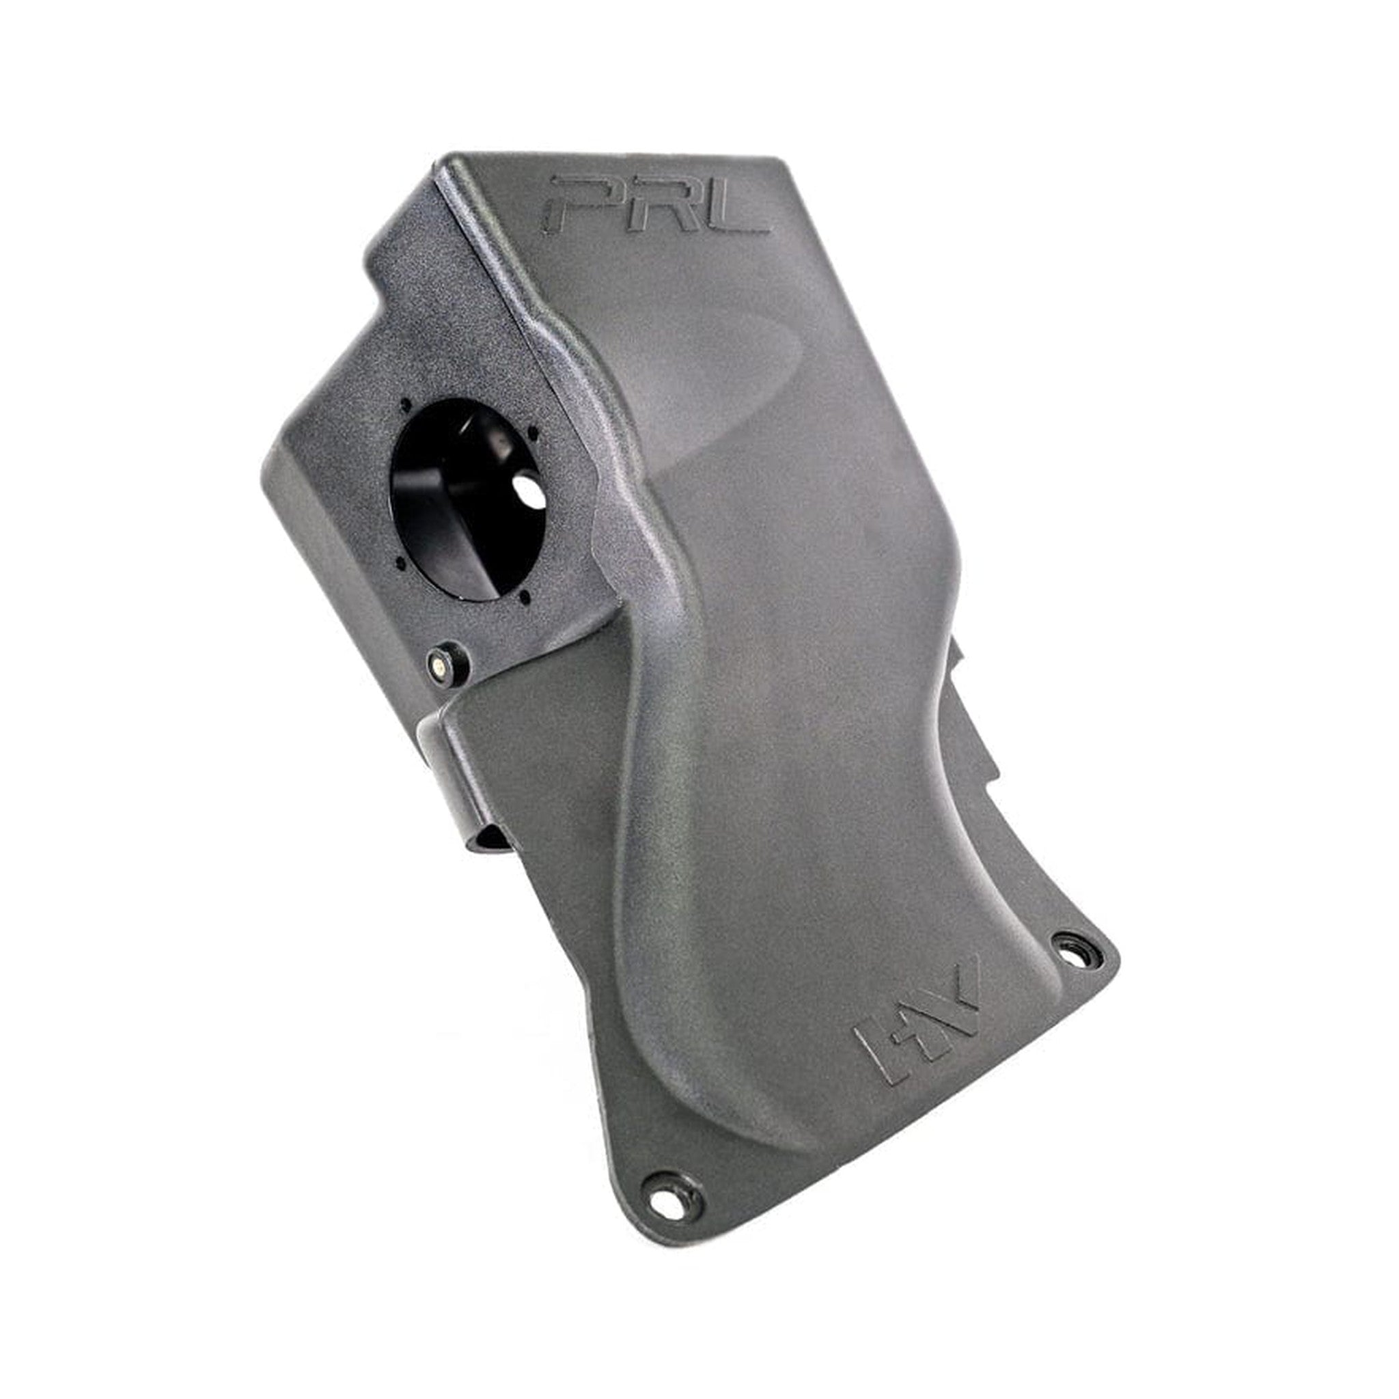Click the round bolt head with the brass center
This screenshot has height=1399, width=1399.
tap(439, 659)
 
